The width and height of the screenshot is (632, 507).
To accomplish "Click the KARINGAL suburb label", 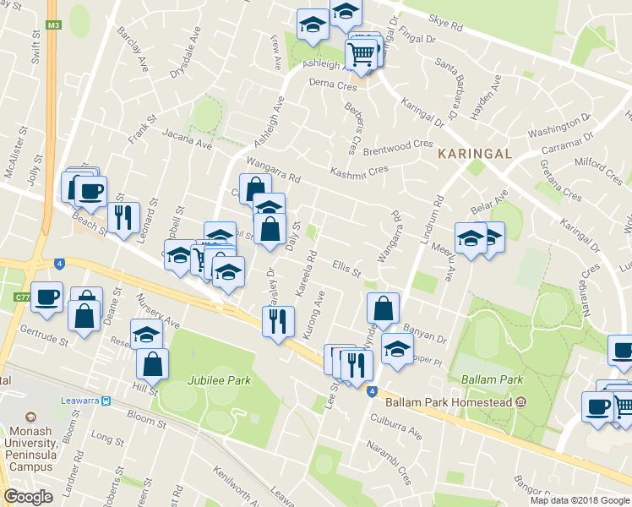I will (475, 154).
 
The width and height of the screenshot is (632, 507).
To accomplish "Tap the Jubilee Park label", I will (220, 380).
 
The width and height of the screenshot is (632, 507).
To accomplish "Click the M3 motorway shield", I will (54, 25).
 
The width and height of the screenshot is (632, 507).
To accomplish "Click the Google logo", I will (28, 497).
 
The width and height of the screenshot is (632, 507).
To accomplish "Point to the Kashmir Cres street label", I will (358, 171).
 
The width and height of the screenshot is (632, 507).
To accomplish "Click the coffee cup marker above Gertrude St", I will (46, 297).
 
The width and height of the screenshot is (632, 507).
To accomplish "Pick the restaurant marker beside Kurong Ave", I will (278, 320).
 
